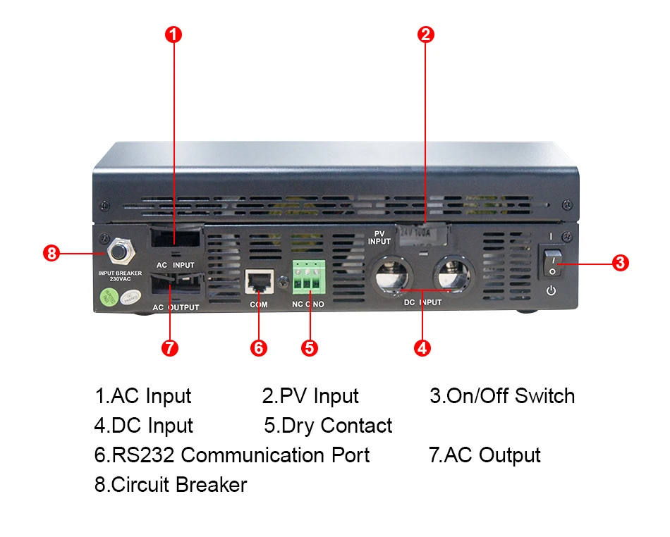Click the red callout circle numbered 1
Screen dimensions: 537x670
point(174,34)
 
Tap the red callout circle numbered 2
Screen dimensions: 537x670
point(425,34)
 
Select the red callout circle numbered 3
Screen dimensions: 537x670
point(620,263)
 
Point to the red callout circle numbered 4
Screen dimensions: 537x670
point(422,347)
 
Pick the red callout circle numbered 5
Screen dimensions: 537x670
point(309,347)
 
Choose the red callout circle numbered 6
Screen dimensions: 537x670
point(259,347)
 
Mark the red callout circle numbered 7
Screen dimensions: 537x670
point(170,347)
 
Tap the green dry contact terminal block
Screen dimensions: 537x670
point(309,276)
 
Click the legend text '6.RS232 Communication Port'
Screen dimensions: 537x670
point(232,455)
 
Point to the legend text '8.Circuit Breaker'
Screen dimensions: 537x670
point(171,485)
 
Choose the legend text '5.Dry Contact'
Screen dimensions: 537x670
point(328,426)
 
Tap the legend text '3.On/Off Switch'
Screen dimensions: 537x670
point(502,396)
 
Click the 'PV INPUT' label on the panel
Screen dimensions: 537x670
point(379,237)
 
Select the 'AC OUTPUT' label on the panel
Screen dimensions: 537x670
point(176,307)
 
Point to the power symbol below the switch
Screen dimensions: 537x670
point(552,290)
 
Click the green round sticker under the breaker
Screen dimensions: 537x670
point(108,297)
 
